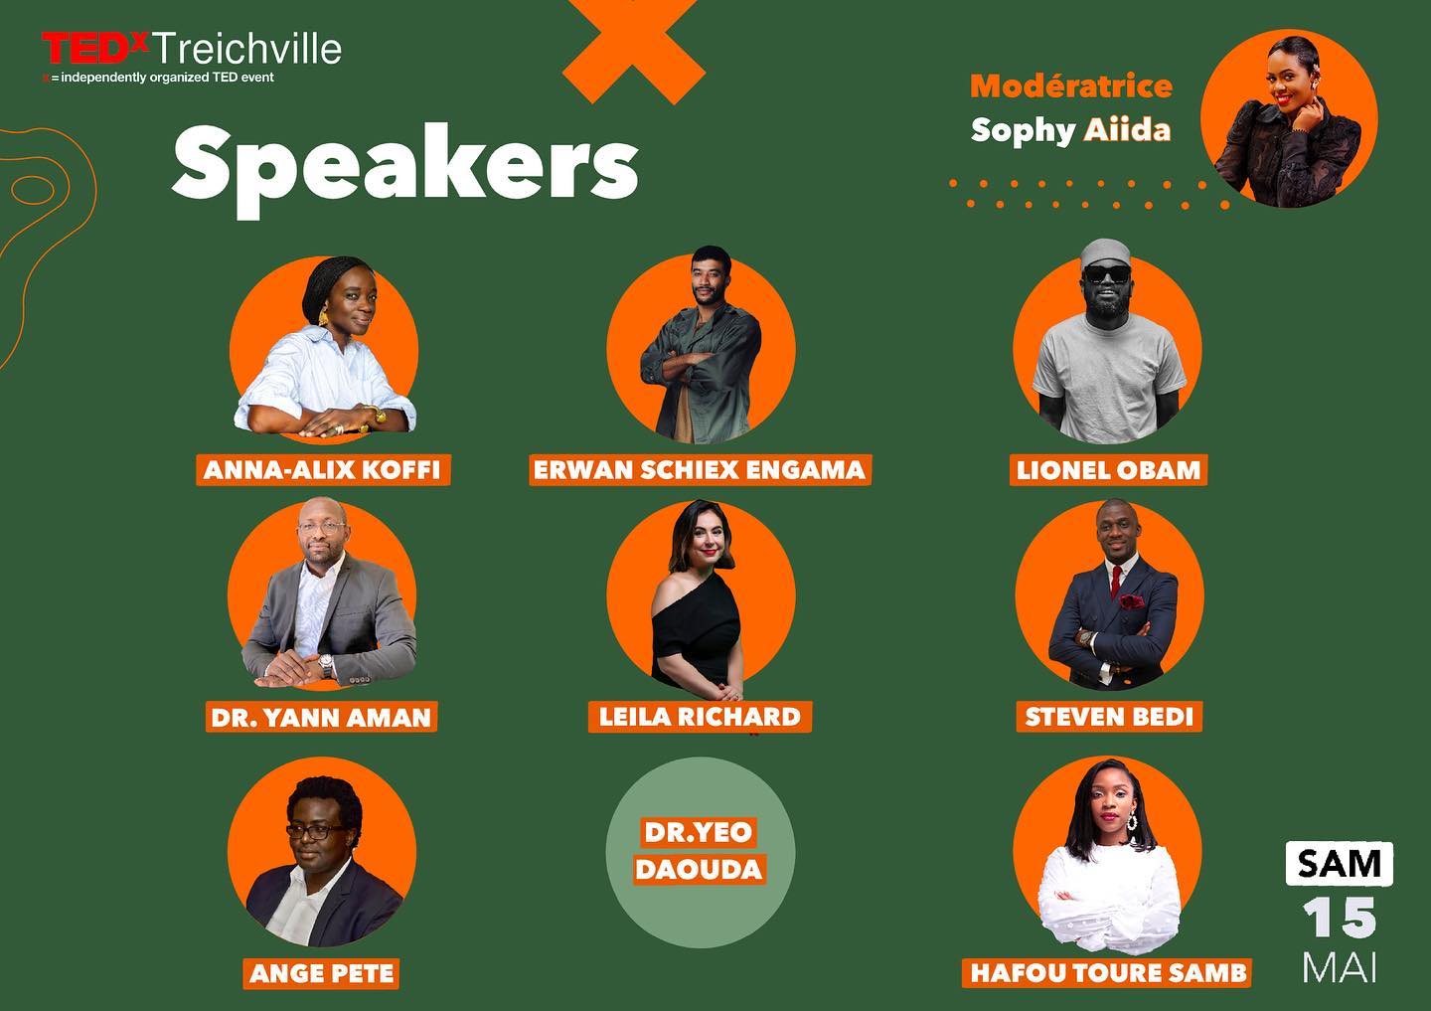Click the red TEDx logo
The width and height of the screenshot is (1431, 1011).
coord(95,48)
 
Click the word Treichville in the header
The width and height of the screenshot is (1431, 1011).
coord(247,49)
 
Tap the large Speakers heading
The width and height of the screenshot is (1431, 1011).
coord(405,167)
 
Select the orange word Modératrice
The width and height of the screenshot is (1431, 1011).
coord(1071,85)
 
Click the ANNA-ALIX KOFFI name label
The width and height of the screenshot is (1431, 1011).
coord(323,469)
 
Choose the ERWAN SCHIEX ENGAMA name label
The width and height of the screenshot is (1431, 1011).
coord(701,469)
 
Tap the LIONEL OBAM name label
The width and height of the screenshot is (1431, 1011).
coord(1108,469)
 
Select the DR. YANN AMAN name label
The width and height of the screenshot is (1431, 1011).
coord(321,717)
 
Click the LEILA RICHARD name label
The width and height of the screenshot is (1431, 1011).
coord(700,717)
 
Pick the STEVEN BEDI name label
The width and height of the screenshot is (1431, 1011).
coord(1109,717)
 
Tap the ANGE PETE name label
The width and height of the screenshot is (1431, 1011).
coord(321,973)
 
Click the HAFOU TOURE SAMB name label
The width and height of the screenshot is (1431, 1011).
coord(1107,972)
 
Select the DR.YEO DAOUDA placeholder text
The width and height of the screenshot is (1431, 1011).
coord(700,850)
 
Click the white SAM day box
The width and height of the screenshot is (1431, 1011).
coord(1339,864)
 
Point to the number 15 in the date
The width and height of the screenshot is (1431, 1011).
coord(1339,918)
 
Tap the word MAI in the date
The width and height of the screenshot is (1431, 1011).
coord(1339,967)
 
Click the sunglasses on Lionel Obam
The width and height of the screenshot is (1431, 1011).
coord(1107,273)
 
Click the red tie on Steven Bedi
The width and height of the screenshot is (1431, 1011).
coord(1116,581)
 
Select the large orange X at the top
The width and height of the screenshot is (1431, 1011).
coord(634,45)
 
